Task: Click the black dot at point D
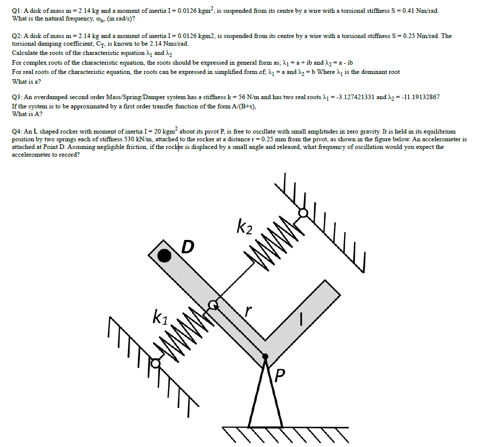pos(164,255)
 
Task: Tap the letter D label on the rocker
pos(188,248)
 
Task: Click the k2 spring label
pos(244,226)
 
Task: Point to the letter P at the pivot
pos(279,377)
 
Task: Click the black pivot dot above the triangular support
pos(265,356)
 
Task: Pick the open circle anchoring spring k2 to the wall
pos(303,212)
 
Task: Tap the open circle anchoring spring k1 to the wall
pos(155,363)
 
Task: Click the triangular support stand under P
pos(265,396)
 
